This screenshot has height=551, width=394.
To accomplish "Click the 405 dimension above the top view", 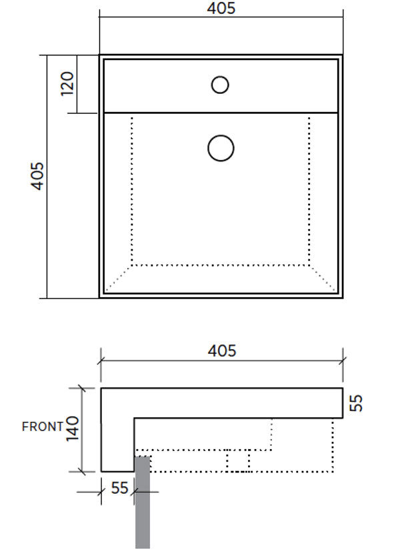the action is point(221,9).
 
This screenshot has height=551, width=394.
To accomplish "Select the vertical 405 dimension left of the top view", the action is point(38,176).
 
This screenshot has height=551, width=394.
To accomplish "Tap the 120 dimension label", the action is point(67,84).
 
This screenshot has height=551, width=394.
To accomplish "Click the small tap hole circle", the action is point(220,85).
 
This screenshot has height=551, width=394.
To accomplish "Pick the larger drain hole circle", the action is point(221,149).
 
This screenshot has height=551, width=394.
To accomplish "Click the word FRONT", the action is point(43,426).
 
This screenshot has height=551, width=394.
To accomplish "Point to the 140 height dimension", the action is point(73,428).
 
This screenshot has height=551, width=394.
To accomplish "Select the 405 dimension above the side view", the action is point(222,350).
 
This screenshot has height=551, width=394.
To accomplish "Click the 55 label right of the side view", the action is point(356,402).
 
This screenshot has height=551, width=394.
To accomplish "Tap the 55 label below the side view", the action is point(120,488).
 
